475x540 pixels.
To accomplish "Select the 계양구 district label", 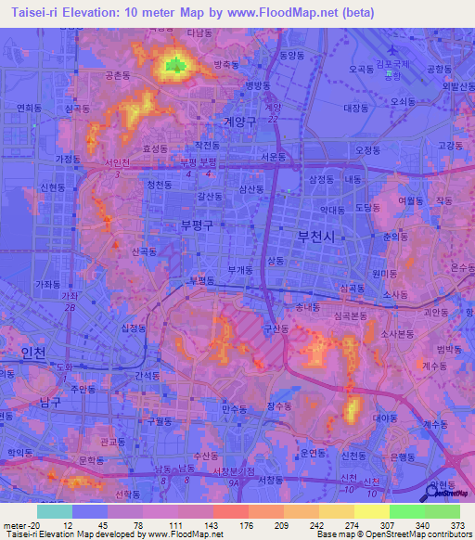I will (239, 121).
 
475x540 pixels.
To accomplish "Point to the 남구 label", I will (51, 402).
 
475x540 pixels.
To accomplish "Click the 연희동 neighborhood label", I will (30, 107).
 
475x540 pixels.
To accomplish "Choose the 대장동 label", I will (356, 108).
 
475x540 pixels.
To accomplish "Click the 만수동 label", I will (235, 407).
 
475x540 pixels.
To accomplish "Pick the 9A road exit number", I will (234, 482).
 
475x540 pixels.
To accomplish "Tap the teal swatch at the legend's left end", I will (55, 511).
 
